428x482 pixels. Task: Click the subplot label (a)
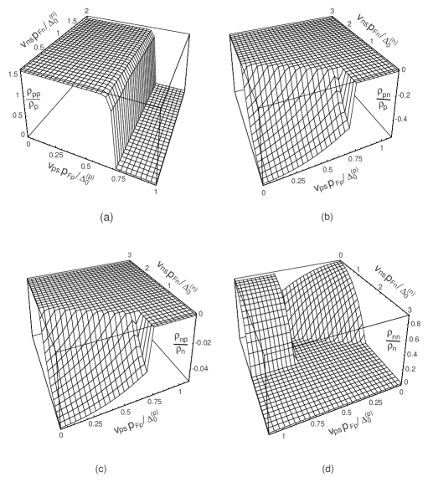coord(106,218)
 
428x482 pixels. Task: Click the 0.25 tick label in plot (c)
coord(97,423)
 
